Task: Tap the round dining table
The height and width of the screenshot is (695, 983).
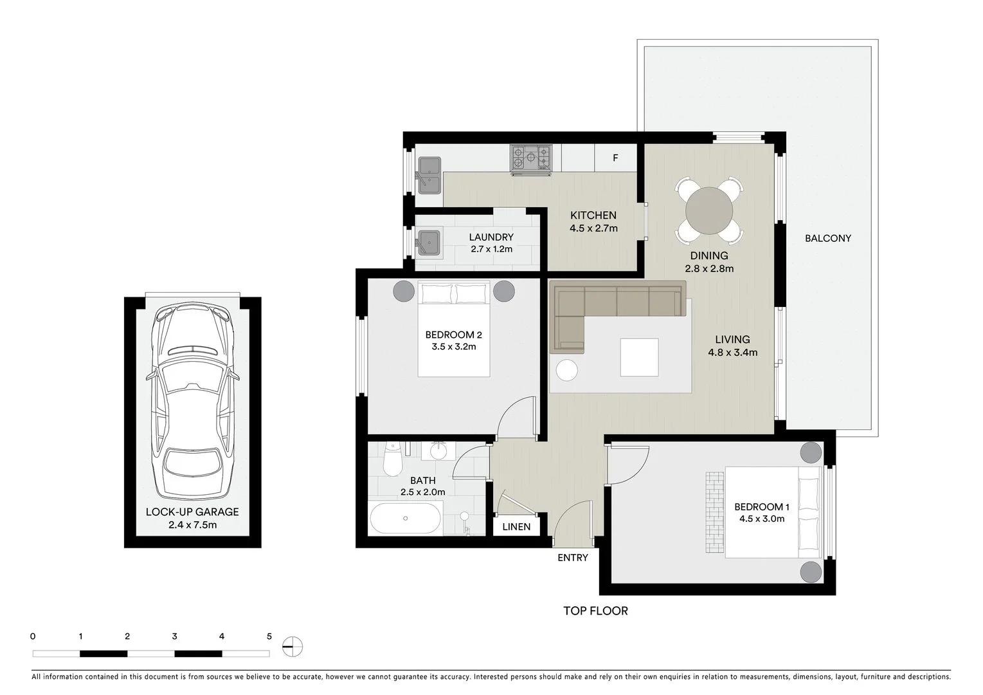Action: pos(709,210)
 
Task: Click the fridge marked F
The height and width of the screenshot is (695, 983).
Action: pos(615,158)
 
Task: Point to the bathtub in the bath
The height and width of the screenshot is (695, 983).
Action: pos(406,519)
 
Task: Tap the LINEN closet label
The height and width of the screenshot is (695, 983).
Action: pos(516,526)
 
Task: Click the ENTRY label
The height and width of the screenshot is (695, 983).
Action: pos(572,557)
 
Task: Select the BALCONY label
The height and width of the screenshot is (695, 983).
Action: pos(827,238)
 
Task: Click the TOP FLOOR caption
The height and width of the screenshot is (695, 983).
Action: pos(595,611)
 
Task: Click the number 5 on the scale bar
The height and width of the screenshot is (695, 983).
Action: pos(269,636)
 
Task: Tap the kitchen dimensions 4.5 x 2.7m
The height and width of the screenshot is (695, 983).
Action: pos(593,228)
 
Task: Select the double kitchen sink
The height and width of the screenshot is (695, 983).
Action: pos(429,175)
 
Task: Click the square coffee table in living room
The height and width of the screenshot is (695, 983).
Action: pos(639,357)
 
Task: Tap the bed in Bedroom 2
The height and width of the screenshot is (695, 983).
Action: pos(454,329)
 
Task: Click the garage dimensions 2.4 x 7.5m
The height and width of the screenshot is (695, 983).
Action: pos(192,524)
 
